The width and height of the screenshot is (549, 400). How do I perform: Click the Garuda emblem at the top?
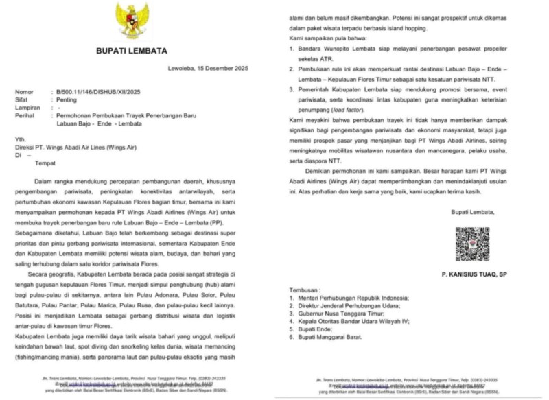(x=132, y=21)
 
